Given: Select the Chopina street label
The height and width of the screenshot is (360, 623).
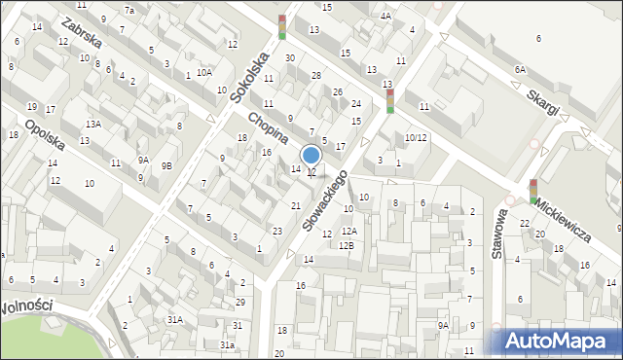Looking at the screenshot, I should pyautogui.click(x=268, y=131).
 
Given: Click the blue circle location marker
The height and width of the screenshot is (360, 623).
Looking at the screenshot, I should pyautogui.click(x=311, y=155).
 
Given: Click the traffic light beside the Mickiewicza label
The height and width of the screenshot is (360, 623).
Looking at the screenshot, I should pyautogui.click(x=533, y=191).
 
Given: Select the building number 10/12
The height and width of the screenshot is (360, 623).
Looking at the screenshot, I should pyautogui.click(x=416, y=137).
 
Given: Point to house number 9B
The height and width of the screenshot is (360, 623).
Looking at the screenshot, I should pyautogui.click(x=166, y=165).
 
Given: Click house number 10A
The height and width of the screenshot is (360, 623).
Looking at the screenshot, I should pyautogui.click(x=203, y=72).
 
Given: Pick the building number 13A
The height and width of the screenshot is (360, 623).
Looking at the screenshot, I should pyautogui.click(x=92, y=124).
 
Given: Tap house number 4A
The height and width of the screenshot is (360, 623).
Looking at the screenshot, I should pyautogui.click(x=386, y=16).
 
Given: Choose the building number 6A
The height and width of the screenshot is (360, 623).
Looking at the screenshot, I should pyautogui.click(x=520, y=69).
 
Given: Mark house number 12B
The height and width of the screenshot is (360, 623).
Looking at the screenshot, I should pyautogui.click(x=347, y=245).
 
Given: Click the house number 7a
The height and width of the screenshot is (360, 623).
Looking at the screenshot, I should pyautogui.click(x=129, y=10).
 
